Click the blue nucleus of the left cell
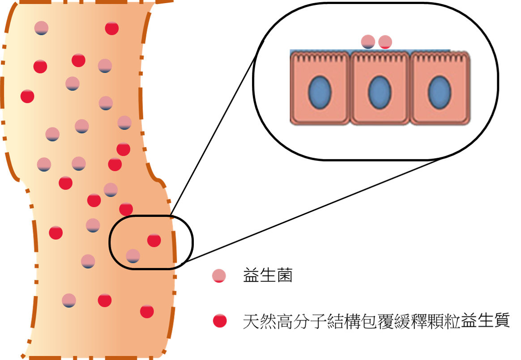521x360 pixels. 320,93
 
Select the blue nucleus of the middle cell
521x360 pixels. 380,93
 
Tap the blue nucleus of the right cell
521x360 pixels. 440,93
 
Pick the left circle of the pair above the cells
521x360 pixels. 368,42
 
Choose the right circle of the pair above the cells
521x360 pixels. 385,42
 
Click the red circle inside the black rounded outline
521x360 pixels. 154,240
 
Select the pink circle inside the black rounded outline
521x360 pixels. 133,256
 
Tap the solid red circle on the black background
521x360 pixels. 220,321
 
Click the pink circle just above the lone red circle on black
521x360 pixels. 219,276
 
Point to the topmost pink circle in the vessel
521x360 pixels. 41,28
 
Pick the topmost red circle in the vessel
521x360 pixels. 112,28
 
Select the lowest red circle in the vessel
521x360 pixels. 147,311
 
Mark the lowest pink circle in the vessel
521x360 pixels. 69,301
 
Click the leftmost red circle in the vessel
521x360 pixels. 27,96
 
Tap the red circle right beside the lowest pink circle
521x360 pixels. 105,300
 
